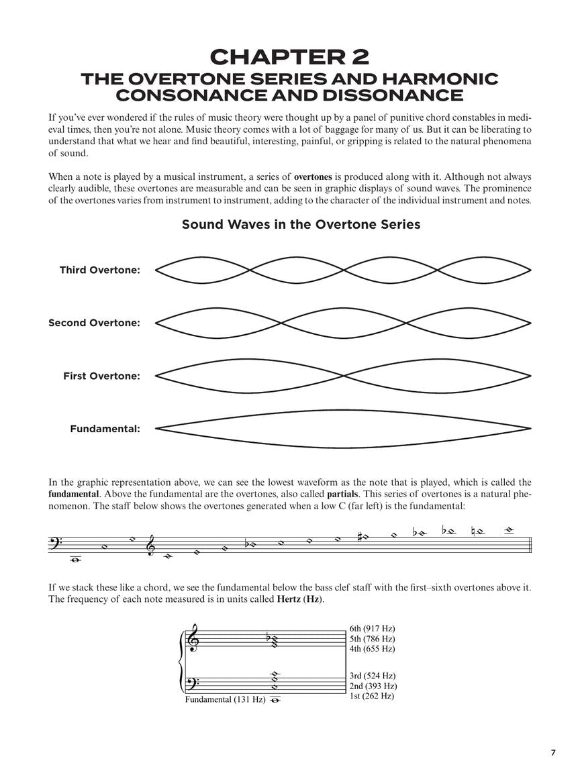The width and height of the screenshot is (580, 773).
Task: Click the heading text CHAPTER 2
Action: pyautogui.click(x=289, y=57)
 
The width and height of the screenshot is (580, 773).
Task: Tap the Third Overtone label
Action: pyautogui.click(x=100, y=270)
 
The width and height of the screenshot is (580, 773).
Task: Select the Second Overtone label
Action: pyautogui.click(x=94, y=323)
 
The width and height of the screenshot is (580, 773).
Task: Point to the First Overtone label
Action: pyautogui.click(x=101, y=376)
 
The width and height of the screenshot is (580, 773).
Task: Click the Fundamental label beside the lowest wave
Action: pyautogui.click(x=105, y=428)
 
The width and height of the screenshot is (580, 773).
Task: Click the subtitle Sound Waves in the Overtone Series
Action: pyautogui.click(x=301, y=224)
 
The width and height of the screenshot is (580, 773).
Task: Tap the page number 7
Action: pyautogui.click(x=554, y=753)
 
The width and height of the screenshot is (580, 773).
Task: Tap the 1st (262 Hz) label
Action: pyautogui.click(x=371, y=696)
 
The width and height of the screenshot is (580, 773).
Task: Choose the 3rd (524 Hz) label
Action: pyautogui.click(x=373, y=676)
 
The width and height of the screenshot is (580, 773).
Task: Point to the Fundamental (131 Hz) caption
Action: pyautogui.click(x=225, y=700)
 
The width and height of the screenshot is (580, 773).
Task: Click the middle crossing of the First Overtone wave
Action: pyautogui.click(x=344, y=376)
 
